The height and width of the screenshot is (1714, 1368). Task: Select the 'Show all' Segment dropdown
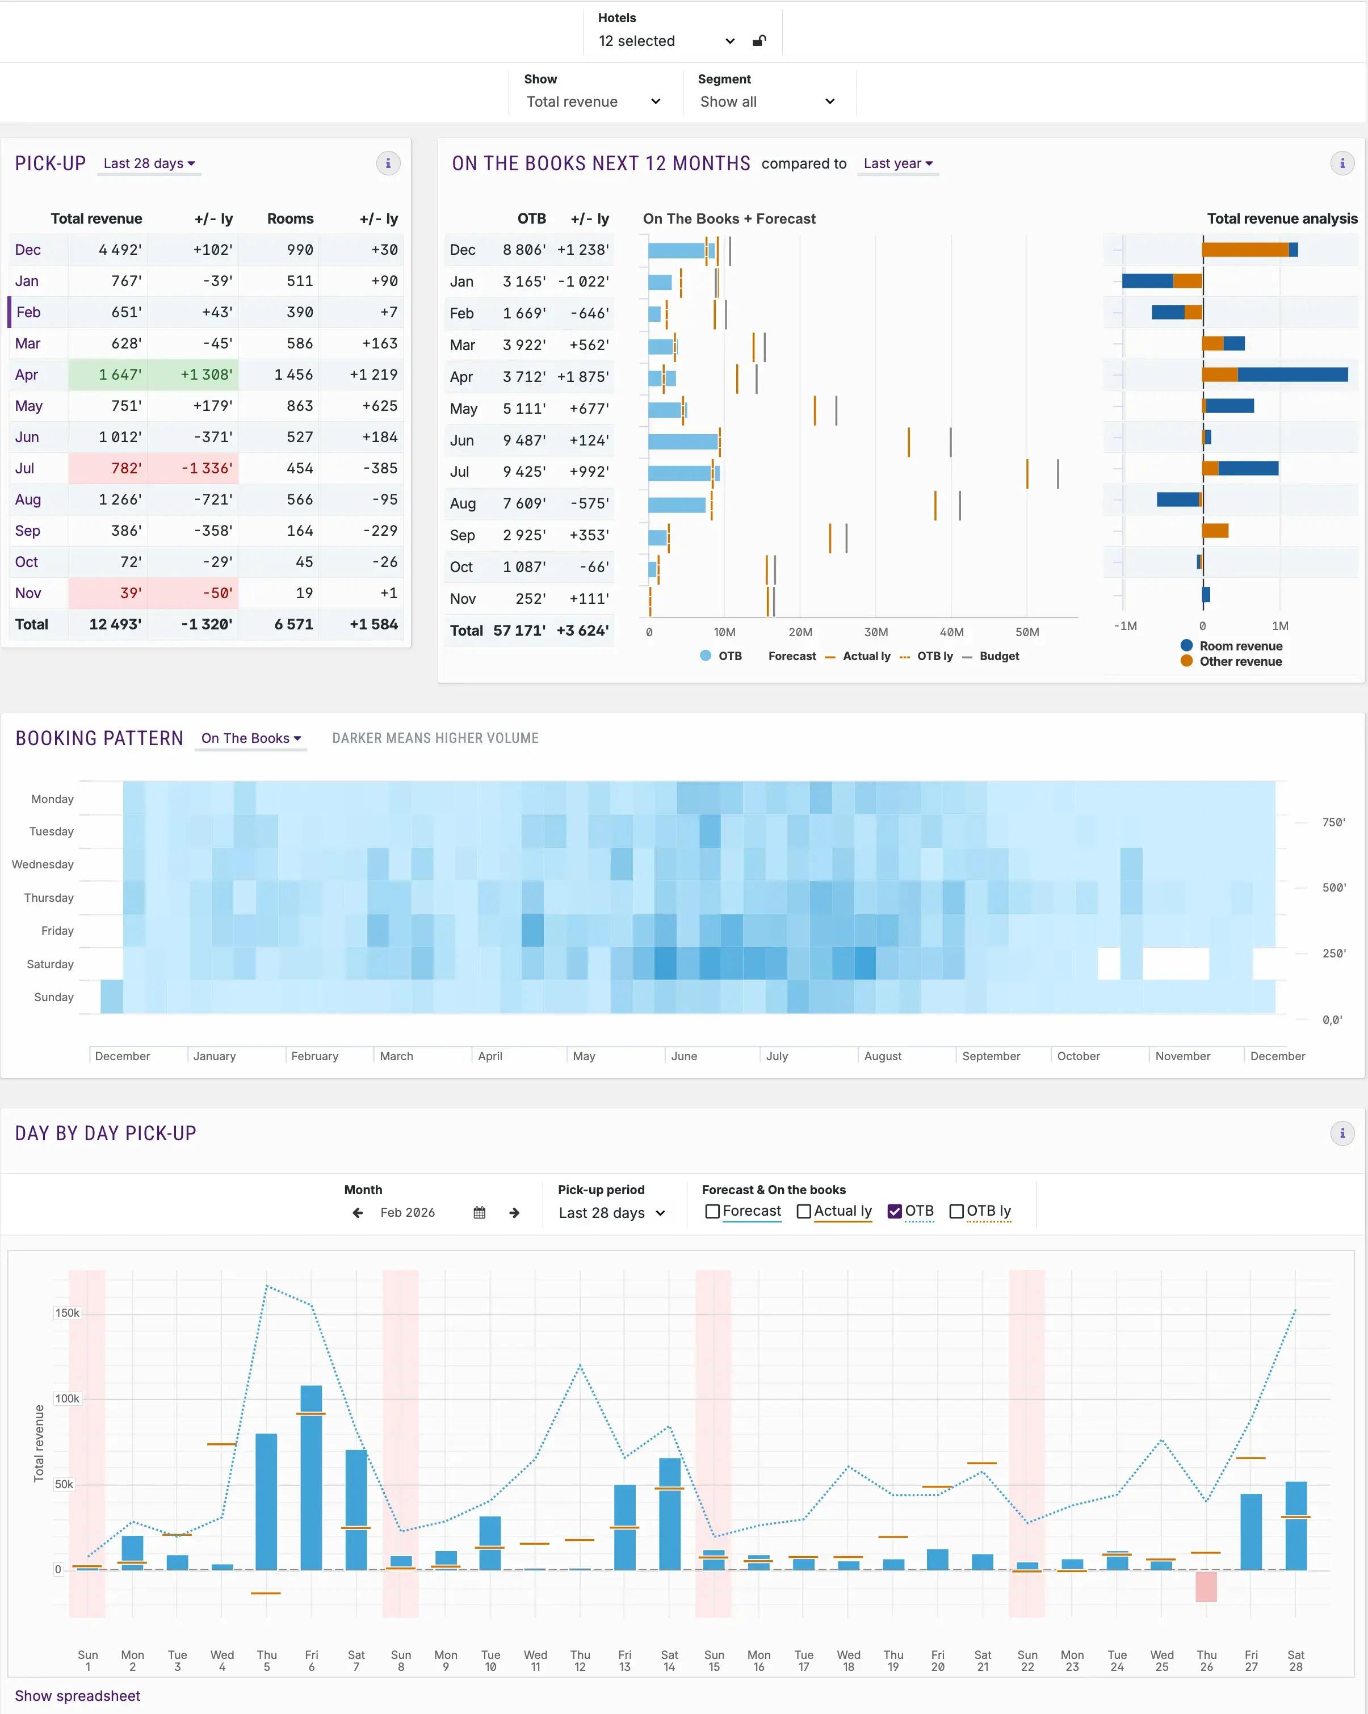766,102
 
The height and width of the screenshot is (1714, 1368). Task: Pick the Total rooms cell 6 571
293,624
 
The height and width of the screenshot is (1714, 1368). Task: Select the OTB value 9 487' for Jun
524,440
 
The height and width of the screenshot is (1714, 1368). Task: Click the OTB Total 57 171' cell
519,631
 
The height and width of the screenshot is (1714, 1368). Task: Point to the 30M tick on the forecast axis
875,632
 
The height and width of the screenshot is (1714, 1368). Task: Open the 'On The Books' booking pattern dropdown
250,738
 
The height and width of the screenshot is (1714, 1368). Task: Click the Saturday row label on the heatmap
50,964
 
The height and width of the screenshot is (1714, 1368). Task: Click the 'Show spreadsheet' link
77,1696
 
